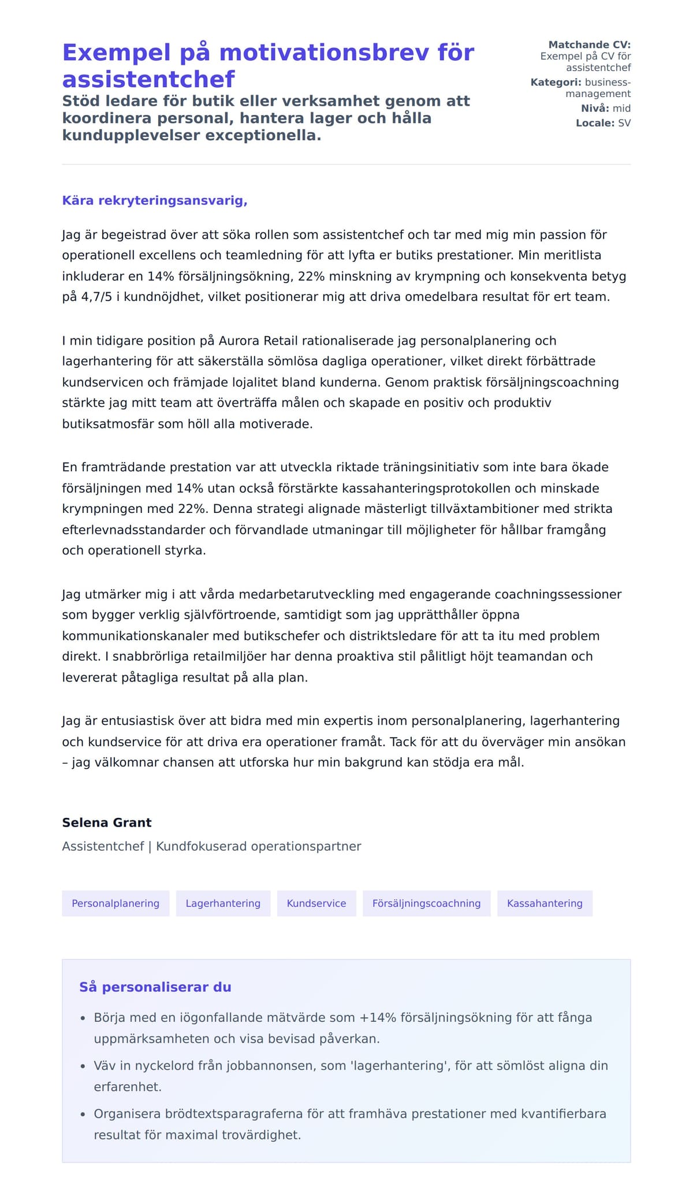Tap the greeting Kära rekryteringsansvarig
(x=155, y=200)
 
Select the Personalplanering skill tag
(x=115, y=903)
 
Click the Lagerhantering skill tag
(x=223, y=903)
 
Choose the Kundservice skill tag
(x=316, y=903)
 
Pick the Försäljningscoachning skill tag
(x=426, y=903)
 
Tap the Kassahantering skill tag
(x=545, y=903)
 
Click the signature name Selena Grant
(x=107, y=823)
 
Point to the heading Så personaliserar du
(x=155, y=987)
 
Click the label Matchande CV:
(x=589, y=44)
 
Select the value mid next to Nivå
(x=621, y=109)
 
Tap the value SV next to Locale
(x=624, y=123)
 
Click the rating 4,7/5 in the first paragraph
(x=96, y=297)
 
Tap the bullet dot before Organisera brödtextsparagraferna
(x=83, y=1114)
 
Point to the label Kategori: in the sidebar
(x=556, y=82)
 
